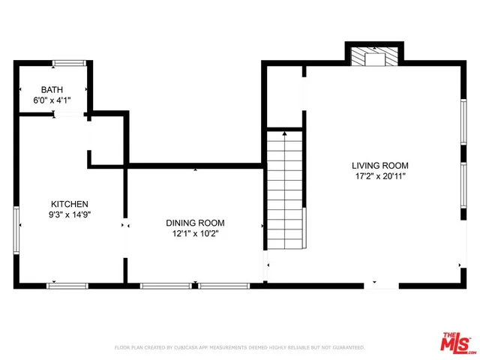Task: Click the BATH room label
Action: click(52, 89)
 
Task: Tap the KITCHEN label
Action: click(70, 204)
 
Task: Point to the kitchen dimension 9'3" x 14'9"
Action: click(70, 214)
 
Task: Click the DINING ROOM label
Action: click(195, 223)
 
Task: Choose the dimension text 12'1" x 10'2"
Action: click(195, 233)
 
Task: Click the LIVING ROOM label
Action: click(380, 166)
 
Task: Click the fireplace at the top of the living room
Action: click(374, 58)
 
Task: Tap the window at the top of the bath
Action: click(67, 62)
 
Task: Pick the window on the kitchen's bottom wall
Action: click(67, 286)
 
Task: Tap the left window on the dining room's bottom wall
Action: click(165, 286)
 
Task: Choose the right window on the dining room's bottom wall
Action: click(223, 286)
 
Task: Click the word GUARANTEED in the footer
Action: click(349, 348)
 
